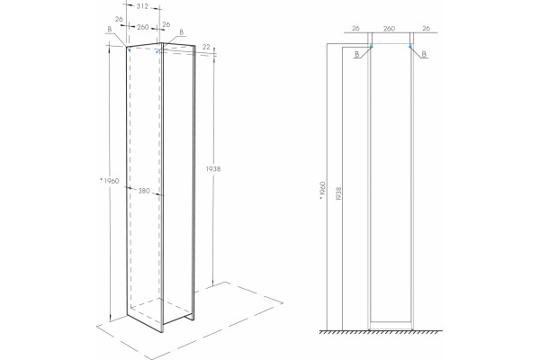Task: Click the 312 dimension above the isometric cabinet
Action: (x=142, y=6)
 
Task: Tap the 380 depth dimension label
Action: (x=144, y=191)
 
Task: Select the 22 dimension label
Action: (x=206, y=47)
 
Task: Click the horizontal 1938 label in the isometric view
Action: (x=213, y=169)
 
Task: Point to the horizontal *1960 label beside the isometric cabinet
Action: (x=110, y=181)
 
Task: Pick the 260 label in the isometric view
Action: (x=142, y=27)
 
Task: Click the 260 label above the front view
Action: (x=389, y=29)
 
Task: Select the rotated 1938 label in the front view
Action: (x=338, y=194)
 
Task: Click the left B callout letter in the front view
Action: (x=356, y=54)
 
